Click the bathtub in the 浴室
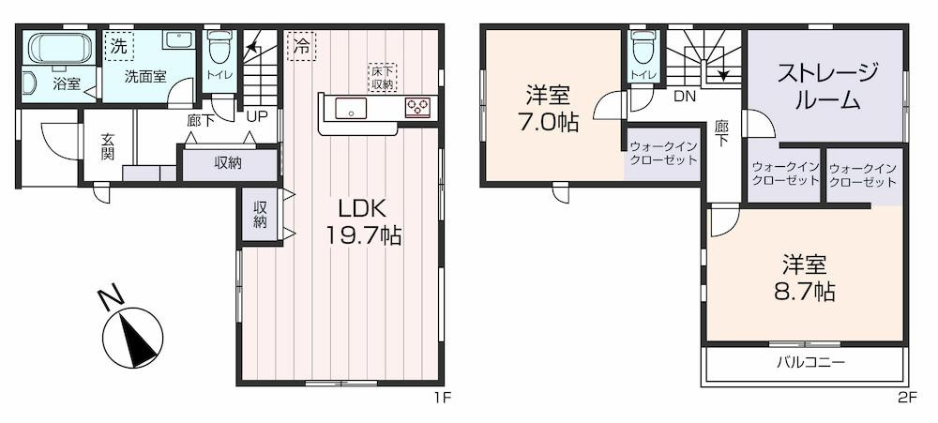pos(60,48)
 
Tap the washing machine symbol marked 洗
pos(120,46)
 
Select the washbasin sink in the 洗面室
pos(177,40)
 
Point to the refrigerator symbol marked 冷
pos(301,46)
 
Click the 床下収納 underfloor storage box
pos(382,77)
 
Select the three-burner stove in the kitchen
pos(417,107)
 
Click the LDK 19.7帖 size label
pos(363,221)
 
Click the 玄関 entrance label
pos(108,146)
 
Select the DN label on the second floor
pos(685,96)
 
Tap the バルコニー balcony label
pos(810,363)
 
